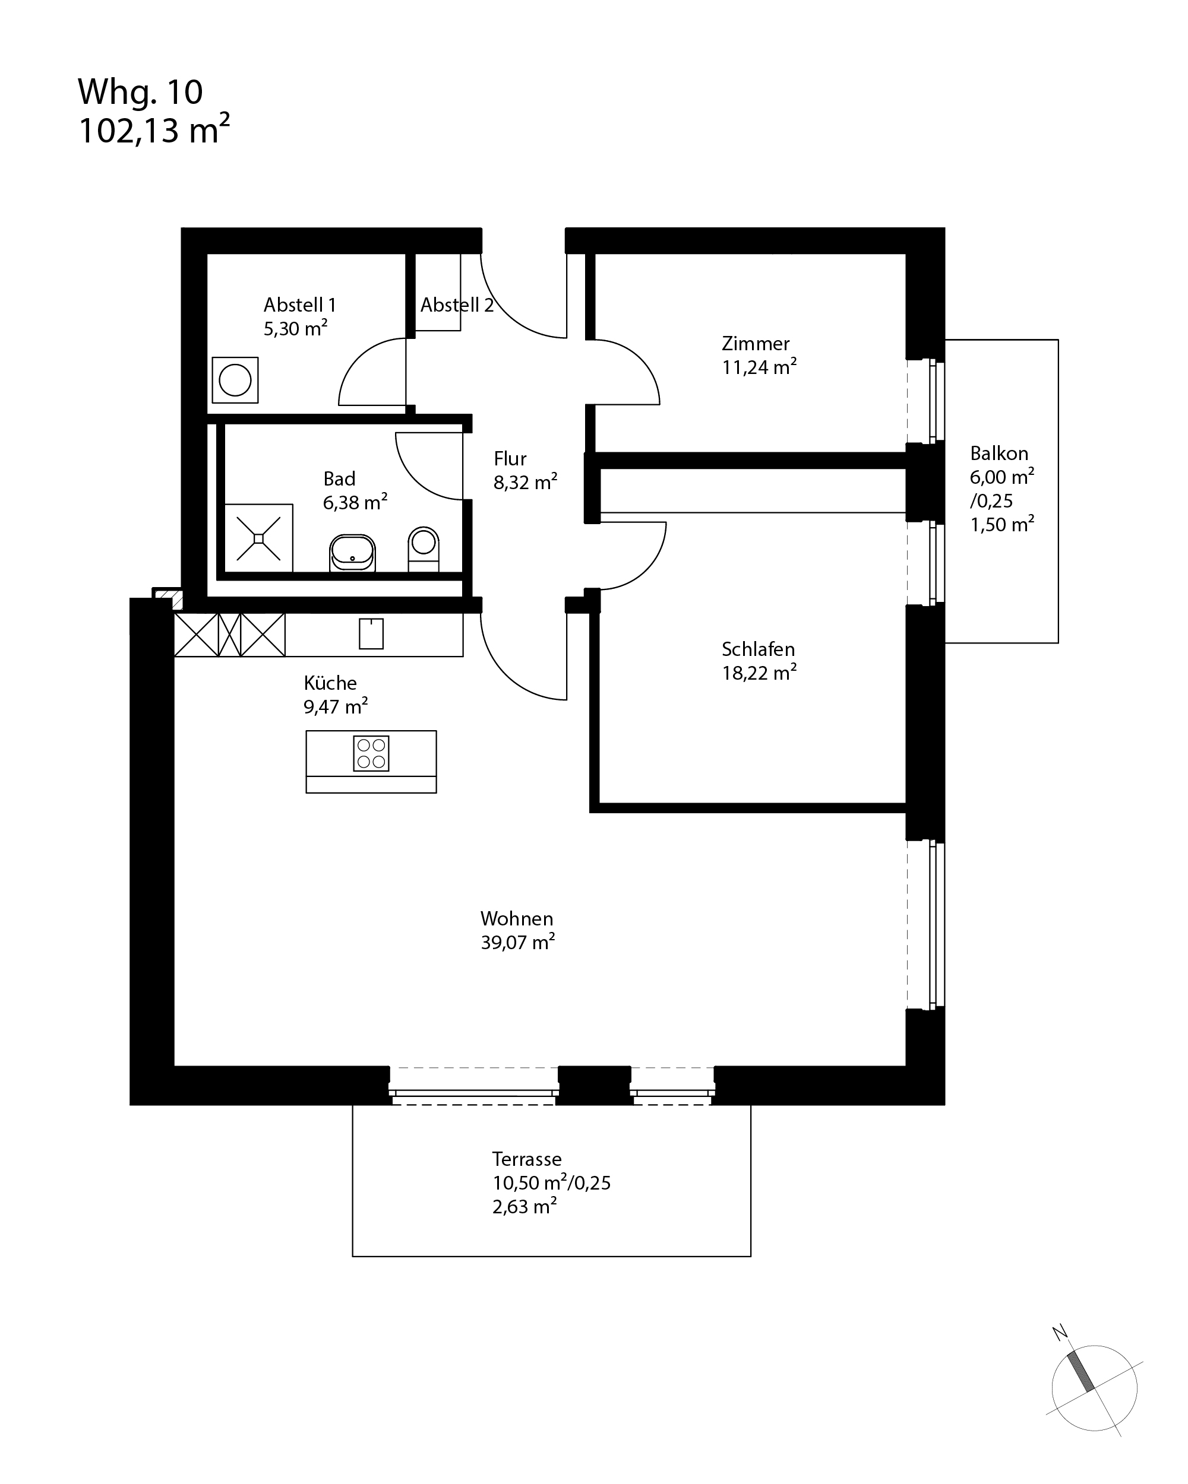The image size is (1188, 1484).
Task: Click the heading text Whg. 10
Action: point(141,92)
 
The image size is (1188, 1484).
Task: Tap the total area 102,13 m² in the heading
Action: point(154,129)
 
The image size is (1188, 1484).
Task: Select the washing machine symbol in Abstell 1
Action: point(235,380)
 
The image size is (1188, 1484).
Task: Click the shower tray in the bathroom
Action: point(258,538)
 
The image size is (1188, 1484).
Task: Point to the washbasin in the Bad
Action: point(353,553)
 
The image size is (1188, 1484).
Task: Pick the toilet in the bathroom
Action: point(424,549)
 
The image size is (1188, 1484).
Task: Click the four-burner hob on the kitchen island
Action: point(371,753)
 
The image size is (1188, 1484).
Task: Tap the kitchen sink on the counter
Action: point(371,633)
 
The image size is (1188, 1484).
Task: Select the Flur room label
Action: point(510,459)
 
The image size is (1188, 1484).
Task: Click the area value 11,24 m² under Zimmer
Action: point(759,367)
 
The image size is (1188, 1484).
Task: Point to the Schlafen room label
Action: point(759,649)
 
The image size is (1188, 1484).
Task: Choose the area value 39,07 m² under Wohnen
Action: point(518,942)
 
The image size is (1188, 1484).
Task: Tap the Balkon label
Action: point(999,454)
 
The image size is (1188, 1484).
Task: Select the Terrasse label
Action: point(527,1159)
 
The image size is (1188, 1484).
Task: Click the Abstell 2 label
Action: point(457,305)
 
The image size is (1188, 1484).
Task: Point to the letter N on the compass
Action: point(1060,1333)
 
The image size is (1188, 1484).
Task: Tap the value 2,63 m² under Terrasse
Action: point(525,1207)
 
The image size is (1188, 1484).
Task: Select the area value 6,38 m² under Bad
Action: point(355,502)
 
